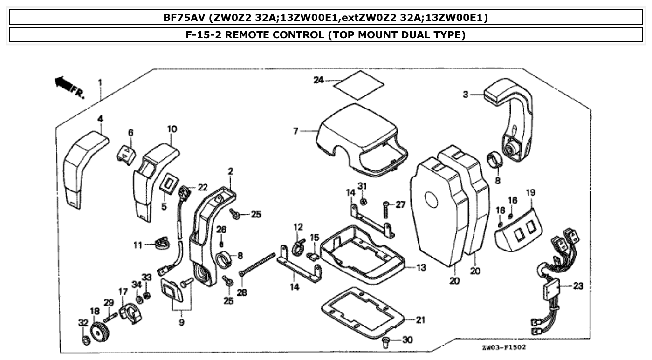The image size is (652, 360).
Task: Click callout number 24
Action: pos(318,80)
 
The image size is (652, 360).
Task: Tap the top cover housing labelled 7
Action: pos(359,135)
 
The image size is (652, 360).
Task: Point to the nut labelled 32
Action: pos(85,341)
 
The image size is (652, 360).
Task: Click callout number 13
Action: pos(421,268)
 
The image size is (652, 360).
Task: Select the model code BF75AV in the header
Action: pos(184,18)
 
